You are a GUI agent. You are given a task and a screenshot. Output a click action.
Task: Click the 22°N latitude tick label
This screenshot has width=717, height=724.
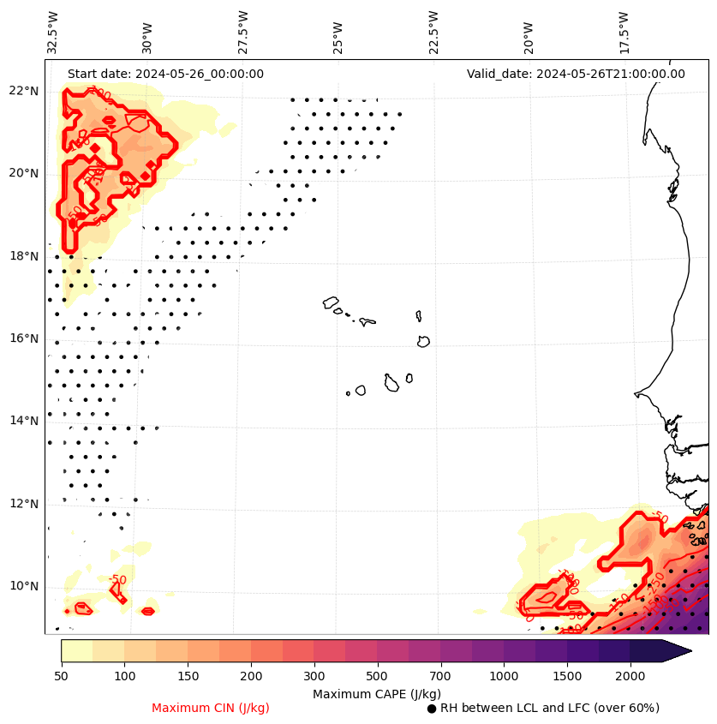click(x=24, y=91)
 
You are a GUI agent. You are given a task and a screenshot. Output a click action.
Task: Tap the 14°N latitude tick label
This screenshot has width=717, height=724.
click(x=24, y=421)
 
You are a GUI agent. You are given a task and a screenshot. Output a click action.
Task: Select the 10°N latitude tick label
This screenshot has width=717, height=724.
click(x=24, y=586)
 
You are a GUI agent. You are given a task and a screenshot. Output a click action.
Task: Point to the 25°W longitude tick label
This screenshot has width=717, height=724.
click(x=338, y=33)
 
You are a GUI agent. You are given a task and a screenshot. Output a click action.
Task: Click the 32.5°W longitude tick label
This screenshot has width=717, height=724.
click(x=53, y=32)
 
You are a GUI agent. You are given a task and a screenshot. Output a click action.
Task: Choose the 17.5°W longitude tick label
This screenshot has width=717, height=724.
click(x=623, y=32)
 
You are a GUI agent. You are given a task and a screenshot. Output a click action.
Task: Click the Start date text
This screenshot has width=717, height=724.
click(x=165, y=74)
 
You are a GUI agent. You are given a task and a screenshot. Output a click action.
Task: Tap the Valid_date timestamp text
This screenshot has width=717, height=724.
click(x=576, y=74)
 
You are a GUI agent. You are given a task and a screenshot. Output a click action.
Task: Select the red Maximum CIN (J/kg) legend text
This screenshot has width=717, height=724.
click(x=211, y=708)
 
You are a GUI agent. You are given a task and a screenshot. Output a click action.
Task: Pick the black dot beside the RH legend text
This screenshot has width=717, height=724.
click(x=432, y=709)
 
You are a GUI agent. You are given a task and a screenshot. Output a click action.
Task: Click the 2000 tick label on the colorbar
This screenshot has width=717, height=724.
click(x=630, y=677)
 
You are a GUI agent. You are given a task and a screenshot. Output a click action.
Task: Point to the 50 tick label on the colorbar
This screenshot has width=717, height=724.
click(x=61, y=677)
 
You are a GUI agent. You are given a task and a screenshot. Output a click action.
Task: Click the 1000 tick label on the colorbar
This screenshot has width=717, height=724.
click(x=504, y=677)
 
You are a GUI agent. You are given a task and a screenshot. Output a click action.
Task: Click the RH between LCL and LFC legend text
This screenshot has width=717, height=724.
click(x=549, y=708)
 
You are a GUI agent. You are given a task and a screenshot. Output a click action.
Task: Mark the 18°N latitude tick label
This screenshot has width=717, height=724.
click(x=24, y=256)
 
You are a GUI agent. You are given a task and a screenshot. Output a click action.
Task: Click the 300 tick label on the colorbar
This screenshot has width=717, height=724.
click(x=314, y=677)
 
